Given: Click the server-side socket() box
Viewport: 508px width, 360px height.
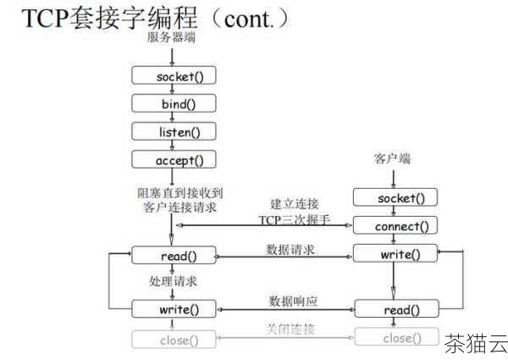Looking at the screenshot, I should pos(174,76).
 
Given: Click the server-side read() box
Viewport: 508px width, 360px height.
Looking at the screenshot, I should pos(174,255).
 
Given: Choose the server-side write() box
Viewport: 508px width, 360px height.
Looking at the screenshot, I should pos(174,309).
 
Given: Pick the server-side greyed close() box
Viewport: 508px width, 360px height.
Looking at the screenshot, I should pos(174,341).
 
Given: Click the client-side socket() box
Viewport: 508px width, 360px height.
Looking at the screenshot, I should pos(395,198).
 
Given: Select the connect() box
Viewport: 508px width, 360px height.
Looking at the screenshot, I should pos(395,226).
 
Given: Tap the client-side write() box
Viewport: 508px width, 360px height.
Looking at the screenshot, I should pos(395,253).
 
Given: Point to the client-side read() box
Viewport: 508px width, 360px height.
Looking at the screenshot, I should pos(395,309).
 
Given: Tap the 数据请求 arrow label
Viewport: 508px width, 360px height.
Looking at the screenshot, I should pos(291,249).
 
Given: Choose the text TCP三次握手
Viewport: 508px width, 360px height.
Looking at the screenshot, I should pos(293,220).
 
